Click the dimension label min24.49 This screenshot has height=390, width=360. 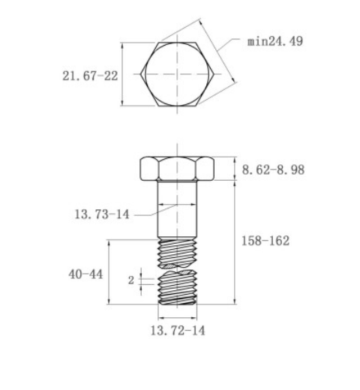pyautogui.click(x=275, y=41)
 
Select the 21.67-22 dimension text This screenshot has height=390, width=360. pyautogui.click(x=90, y=76)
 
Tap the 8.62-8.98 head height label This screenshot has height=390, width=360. pyautogui.click(x=273, y=169)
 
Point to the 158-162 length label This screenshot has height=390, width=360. pyautogui.click(x=265, y=241)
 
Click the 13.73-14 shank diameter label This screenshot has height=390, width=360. pyautogui.click(x=102, y=214)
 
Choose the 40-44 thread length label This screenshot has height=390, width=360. pyautogui.click(x=85, y=274)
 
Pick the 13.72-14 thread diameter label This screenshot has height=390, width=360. pyautogui.click(x=178, y=330)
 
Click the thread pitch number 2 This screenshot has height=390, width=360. pyautogui.click(x=131, y=280)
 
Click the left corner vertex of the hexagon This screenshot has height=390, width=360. pyautogui.click(x=140, y=74)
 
